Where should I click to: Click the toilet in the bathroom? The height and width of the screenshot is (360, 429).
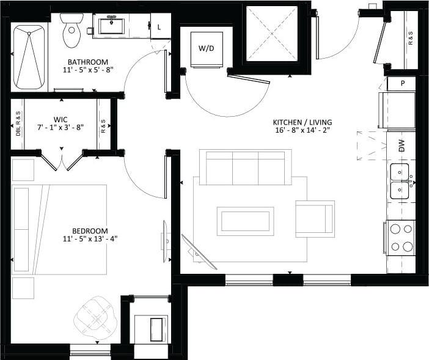(x=72, y=31)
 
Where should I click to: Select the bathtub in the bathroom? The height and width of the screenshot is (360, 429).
(x=29, y=57)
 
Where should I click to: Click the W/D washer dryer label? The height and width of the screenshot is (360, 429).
(x=206, y=48)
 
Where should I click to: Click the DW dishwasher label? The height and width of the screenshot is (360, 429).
(x=402, y=145)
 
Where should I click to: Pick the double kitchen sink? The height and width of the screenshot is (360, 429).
(x=400, y=182)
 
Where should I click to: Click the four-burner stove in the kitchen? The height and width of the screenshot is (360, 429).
(x=400, y=238)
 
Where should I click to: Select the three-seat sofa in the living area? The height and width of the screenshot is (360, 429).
(x=245, y=166)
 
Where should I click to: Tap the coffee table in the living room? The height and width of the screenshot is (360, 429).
(x=245, y=221)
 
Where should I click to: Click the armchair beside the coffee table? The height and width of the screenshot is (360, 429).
(x=315, y=219)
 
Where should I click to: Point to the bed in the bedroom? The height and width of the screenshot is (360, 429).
(x=60, y=229)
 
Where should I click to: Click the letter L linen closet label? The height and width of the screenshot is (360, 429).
(x=160, y=27)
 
